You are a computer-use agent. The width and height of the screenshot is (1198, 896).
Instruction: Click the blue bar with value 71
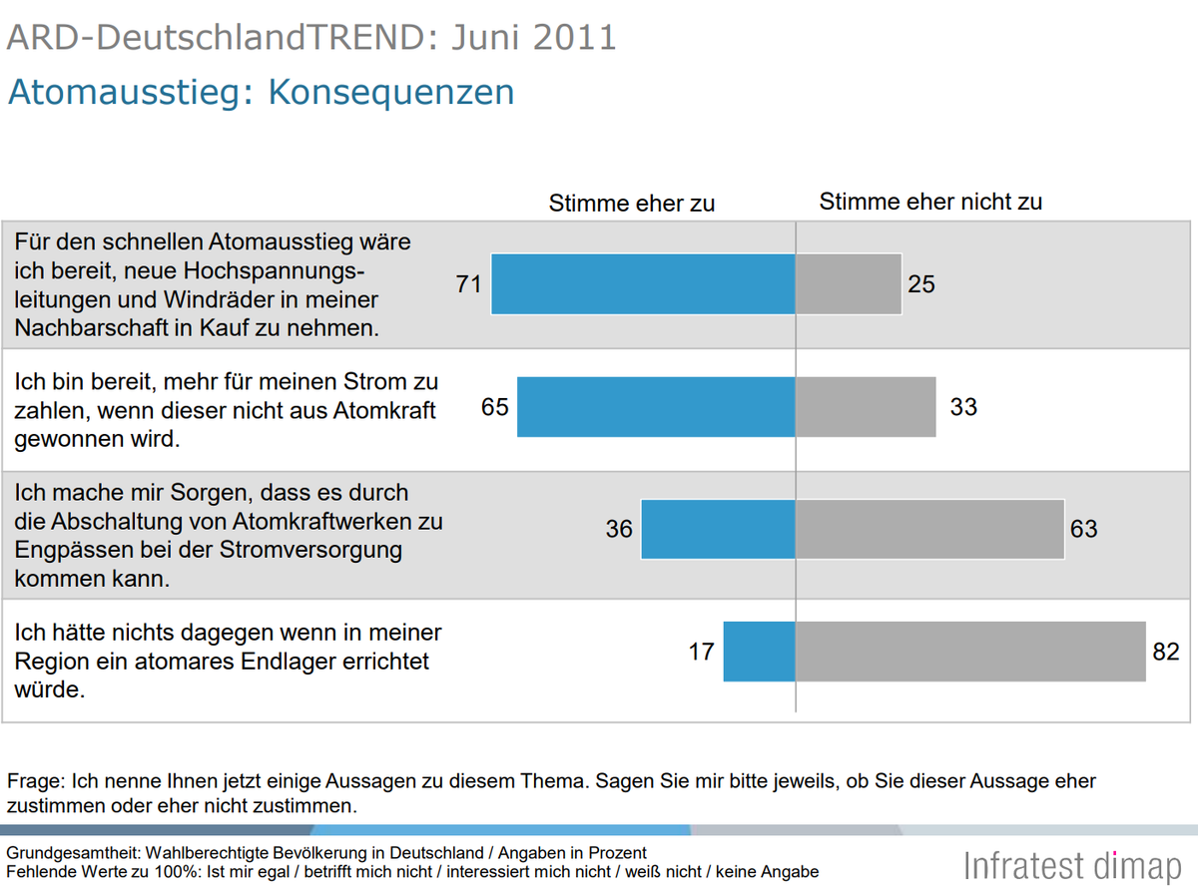(643, 284)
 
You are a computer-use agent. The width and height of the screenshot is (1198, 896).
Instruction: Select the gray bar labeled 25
(849, 284)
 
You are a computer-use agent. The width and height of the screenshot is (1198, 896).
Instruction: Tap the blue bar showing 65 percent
(656, 407)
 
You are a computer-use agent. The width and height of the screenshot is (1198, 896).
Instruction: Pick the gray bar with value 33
(866, 407)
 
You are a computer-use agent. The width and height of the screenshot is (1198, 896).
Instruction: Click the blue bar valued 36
(718, 529)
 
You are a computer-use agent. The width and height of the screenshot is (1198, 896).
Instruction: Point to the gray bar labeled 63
(929, 529)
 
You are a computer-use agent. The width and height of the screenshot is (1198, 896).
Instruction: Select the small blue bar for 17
(759, 652)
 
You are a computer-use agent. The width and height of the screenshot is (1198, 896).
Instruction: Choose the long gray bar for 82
(970, 652)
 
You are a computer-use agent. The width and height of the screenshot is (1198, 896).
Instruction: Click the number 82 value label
(1166, 652)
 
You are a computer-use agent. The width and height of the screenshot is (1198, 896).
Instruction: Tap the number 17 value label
(702, 652)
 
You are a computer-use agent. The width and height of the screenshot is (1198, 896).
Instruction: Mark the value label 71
(469, 284)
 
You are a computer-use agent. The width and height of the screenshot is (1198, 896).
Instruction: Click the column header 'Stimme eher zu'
(632, 203)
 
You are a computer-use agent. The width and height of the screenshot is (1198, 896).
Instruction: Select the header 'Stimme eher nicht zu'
(930, 202)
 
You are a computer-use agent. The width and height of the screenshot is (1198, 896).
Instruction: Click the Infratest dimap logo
(1072, 865)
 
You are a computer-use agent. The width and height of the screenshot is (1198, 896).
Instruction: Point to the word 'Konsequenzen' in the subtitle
(391, 92)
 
